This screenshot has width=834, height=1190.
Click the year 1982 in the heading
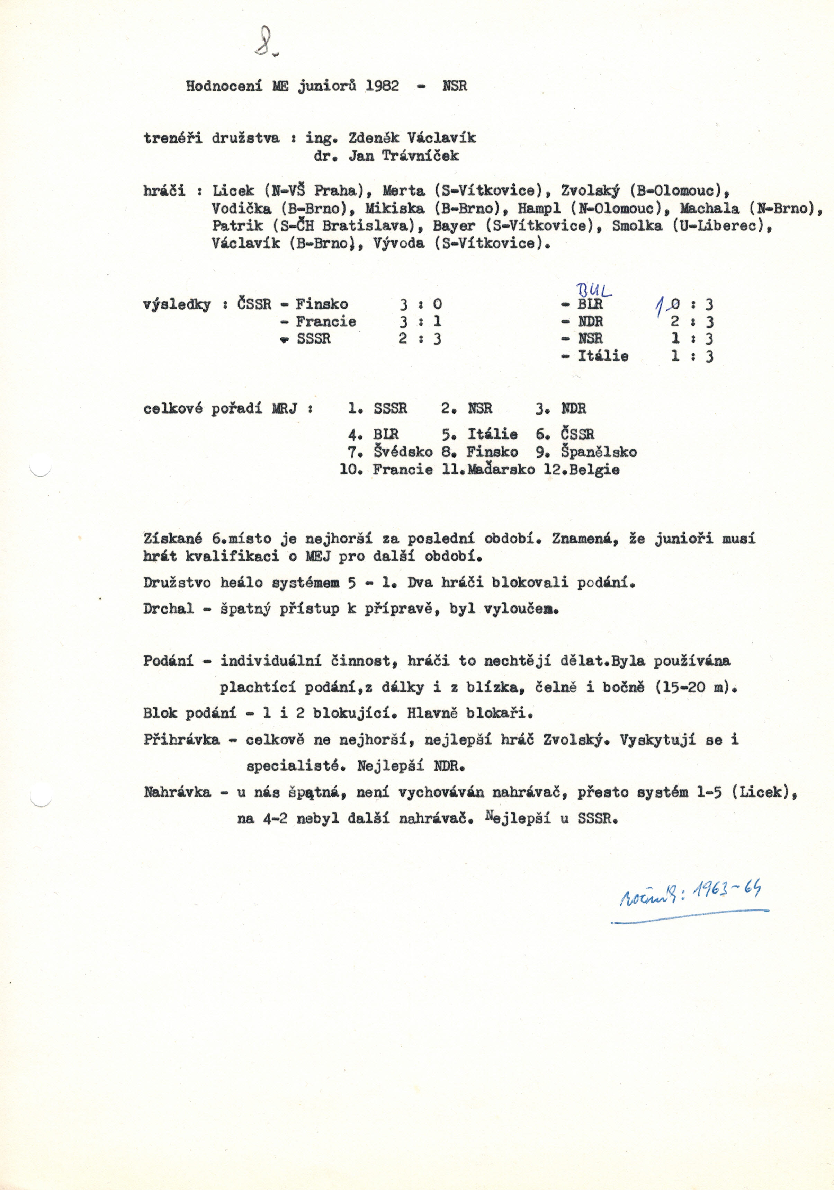(x=382, y=86)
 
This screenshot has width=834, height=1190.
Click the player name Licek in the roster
(x=233, y=191)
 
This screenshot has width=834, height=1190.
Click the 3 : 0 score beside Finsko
(x=420, y=304)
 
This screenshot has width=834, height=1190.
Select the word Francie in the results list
(x=326, y=321)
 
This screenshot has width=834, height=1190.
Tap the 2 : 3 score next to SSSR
(x=420, y=339)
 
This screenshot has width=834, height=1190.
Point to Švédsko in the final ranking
(x=403, y=452)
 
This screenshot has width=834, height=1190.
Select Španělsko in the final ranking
(x=599, y=452)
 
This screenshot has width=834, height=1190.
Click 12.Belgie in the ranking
(x=581, y=470)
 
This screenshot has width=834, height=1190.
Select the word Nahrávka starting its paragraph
(x=177, y=792)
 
